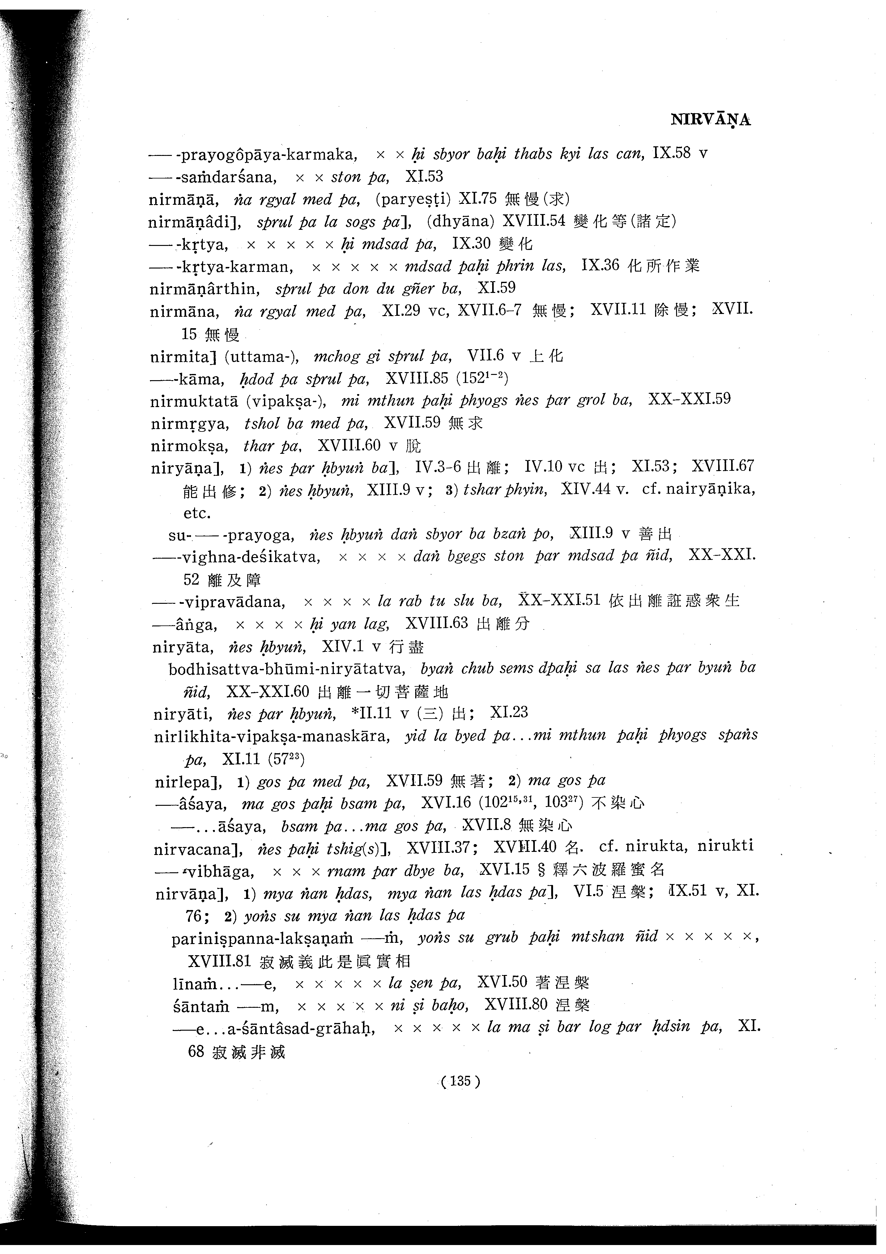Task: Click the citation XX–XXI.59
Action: (x=689, y=400)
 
